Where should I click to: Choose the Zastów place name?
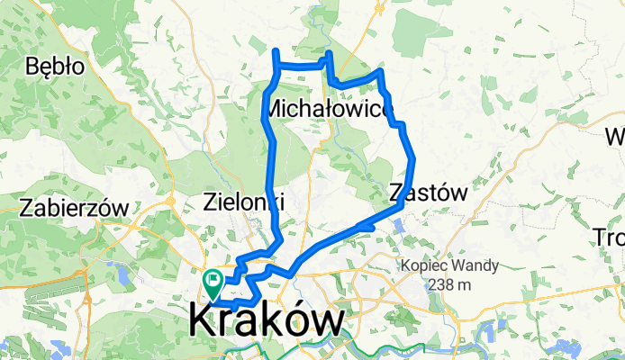430,192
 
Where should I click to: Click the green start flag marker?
213,281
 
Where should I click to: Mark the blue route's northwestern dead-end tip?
275,50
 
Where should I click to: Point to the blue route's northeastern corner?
382,70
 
